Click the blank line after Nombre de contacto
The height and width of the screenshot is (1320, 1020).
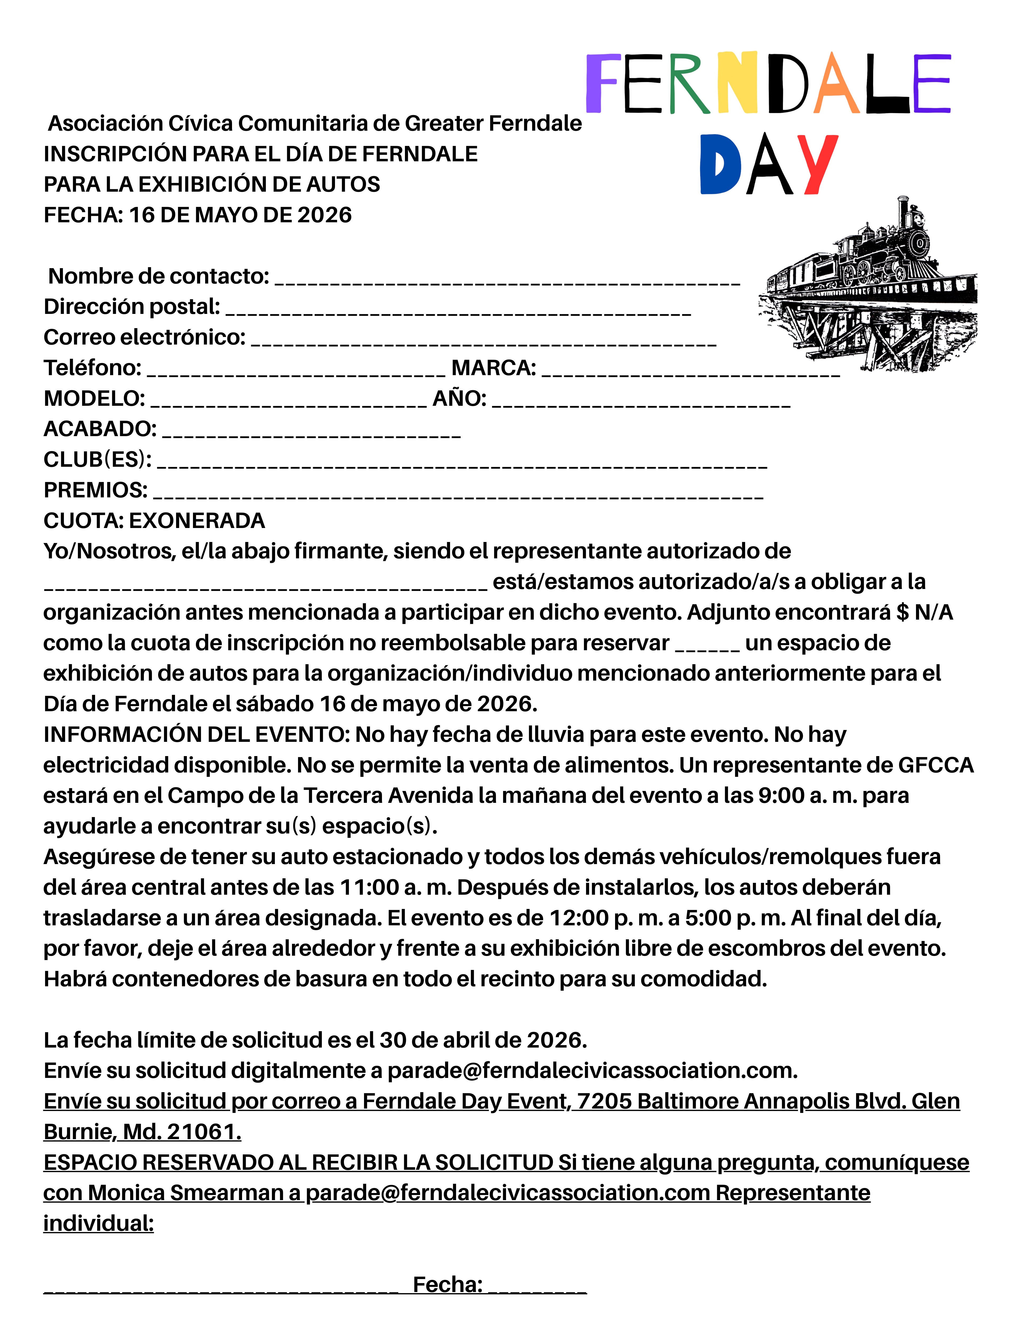click(508, 279)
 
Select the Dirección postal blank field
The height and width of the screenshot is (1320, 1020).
click(458, 310)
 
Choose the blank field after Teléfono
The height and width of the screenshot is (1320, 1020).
click(296, 371)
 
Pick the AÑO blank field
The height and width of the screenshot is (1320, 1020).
click(640, 402)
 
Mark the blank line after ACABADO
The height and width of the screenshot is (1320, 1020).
click(311, 432)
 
